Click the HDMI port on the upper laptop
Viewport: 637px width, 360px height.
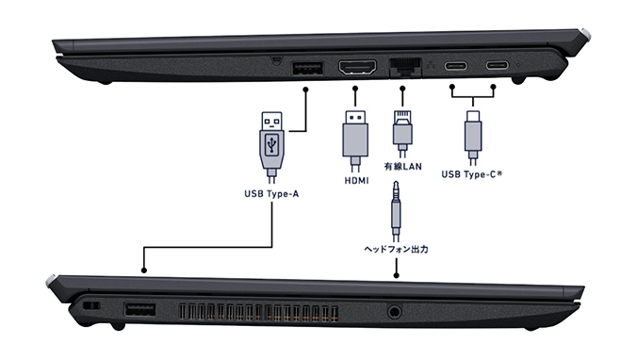(x=357, y=68)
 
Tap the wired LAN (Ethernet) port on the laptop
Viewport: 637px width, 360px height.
(x=405, y=67)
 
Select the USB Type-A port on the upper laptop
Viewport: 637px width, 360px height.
(x=307, y=68)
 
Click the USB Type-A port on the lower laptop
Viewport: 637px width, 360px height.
(x=139, y=309)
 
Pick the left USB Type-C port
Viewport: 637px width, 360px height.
(x=455, y=65)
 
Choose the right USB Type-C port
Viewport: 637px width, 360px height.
(x=498, y=65)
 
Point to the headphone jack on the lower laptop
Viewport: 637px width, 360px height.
(x=393, y=312)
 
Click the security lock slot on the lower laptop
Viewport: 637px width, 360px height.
(x=91, y=305)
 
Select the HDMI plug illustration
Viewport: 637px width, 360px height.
(x=355, y=141)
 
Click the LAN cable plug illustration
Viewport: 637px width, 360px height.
(x=402, y=134)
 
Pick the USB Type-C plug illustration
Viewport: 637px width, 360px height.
(x=473, y=138)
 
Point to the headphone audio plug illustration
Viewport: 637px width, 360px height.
(x=396, y=211)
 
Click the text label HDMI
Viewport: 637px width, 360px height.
(x=357, y=180)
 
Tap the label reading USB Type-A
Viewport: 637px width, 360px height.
(x=271, y=194)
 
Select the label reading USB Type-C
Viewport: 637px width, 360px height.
(x=472, y=174)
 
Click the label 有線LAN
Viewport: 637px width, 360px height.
(x=402, y=166)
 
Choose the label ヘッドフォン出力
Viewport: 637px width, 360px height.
(x=396, y=249)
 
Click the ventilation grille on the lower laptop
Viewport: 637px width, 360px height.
(x=259, y=312)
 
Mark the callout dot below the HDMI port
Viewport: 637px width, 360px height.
(x=355, y=89)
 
